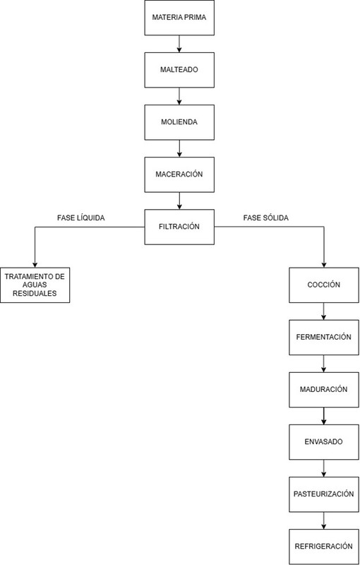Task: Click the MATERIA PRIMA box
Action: pos(179,18)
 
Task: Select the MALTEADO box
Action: pos(179,70)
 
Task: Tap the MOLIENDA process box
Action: pos(179,122)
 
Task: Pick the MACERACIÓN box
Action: pos(179,174)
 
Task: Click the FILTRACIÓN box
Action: pos(179,227)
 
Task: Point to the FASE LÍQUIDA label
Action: pos(81,218)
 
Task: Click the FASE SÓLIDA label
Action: pos(265,218)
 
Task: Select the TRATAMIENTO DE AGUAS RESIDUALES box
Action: pos(35,285)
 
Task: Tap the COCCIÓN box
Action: pos(323,285)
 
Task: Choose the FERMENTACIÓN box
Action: pos(323,338)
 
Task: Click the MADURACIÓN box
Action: pos(323,390)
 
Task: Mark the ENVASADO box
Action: pos(323,442)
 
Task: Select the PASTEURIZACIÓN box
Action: pos(323,494)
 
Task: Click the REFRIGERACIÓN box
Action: pos(323,547)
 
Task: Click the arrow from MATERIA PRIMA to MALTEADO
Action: pos(179,44)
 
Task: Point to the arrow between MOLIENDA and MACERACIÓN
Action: pos(179,148)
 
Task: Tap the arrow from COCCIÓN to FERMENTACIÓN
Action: pos(323,311)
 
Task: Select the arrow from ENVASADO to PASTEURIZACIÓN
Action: pos(323,468)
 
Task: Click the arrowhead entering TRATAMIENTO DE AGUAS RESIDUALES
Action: pos(35,265)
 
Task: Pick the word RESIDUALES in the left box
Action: pos(35,293)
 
